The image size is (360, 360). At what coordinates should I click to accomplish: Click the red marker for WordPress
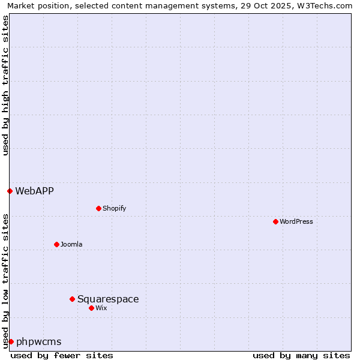275,221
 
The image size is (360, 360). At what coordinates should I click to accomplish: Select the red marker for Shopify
98,208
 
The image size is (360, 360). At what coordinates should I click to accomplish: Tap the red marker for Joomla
56,244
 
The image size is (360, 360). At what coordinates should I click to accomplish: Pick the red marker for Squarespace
72,299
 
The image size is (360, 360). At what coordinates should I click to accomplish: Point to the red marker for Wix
91,308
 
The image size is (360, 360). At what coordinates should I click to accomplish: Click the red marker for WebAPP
10,191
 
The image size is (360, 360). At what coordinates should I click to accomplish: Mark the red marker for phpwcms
11,341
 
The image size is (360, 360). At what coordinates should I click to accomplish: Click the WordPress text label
296,221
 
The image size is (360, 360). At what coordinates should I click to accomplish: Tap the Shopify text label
114,208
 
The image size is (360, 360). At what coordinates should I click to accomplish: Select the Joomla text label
71,244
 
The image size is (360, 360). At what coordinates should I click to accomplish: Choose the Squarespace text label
108,299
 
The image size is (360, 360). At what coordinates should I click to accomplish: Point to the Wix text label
101,308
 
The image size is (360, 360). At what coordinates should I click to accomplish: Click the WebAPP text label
34,191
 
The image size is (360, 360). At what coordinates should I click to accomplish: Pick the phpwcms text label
39,341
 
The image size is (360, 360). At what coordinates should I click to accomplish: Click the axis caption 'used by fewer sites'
62,355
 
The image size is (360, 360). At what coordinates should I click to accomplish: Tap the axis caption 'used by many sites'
301,355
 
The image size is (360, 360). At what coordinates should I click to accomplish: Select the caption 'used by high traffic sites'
5,85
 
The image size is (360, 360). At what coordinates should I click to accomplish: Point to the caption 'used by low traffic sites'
5,281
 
